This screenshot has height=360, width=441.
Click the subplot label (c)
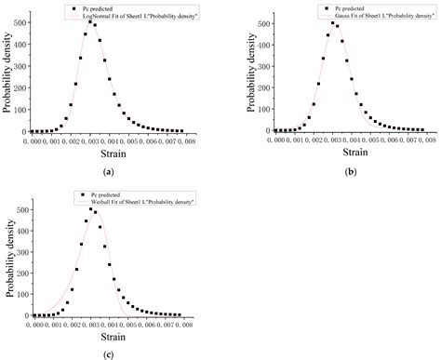coord(110,355)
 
